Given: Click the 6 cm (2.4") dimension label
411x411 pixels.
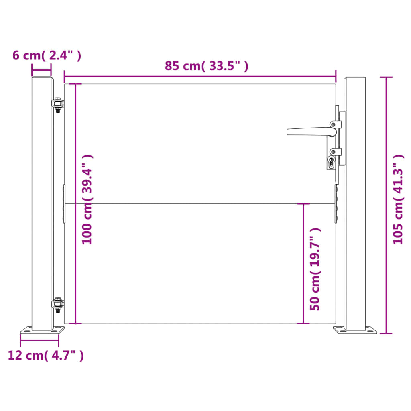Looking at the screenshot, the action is [x=47, y=55].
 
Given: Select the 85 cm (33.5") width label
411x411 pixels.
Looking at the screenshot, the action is [x=206, y=66].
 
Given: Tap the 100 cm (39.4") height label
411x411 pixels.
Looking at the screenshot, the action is [x=87, y=200].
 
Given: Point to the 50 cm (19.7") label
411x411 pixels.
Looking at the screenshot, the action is [x=315, y=269].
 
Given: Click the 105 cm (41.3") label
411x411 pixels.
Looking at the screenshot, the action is [x=398, y=199].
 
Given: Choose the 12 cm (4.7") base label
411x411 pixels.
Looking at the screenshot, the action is [x=46, y=356].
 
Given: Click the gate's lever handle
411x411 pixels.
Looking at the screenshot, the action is [x=311, y=132].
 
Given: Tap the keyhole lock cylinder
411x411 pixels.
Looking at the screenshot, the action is [x=331, y=162].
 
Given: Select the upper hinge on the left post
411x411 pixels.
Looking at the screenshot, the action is [x=58, y=105].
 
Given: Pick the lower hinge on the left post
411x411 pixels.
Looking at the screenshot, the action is [x=58, y=305].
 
